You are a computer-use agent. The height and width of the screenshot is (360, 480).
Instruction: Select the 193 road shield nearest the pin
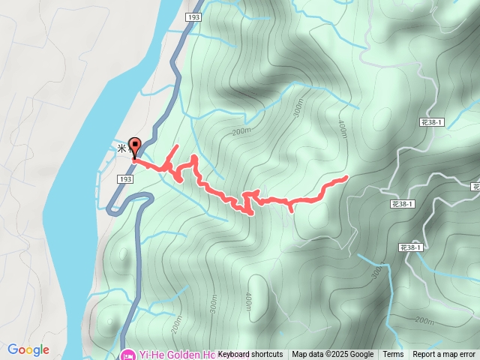(x=125, y=180)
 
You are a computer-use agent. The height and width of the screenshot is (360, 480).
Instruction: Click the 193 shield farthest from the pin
(x=193, y=16)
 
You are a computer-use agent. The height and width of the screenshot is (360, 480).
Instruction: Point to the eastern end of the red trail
(x=346, y=178)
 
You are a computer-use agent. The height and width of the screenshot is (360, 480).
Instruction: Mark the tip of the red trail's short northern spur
(x=177, y=145)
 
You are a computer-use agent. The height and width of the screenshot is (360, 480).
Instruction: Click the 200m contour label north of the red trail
(x=241, y=132)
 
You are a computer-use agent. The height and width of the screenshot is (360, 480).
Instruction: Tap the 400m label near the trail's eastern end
(x=343, y=129)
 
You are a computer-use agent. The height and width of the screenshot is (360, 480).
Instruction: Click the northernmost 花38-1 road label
(x=432, y=121)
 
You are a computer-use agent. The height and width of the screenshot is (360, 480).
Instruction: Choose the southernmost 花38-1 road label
(x=411, y=247)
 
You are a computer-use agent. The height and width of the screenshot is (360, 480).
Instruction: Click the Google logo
(x=28, y=349)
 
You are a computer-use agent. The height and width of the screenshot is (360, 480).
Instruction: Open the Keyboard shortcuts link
(x=250, y=355)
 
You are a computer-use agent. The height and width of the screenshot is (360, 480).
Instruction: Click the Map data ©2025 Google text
(x=332, y=355)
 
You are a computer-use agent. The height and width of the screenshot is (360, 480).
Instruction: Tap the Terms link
(x=393, y=355)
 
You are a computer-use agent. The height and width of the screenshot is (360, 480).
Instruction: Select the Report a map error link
(x=444, y=355)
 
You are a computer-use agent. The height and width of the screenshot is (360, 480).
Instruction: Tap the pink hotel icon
(x=127, y=354)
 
